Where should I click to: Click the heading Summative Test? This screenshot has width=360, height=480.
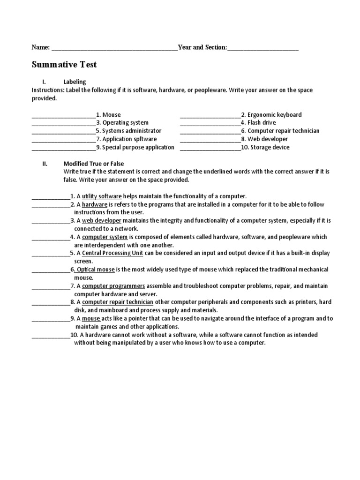64,64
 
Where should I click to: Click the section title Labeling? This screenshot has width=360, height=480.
75,82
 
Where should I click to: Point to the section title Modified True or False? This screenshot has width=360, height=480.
94,164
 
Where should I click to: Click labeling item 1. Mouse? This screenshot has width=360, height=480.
108,115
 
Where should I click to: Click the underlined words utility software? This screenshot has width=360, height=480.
102,196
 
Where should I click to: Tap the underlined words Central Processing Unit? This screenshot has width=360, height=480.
112,253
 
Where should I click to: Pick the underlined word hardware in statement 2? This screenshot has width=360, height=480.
95,205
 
